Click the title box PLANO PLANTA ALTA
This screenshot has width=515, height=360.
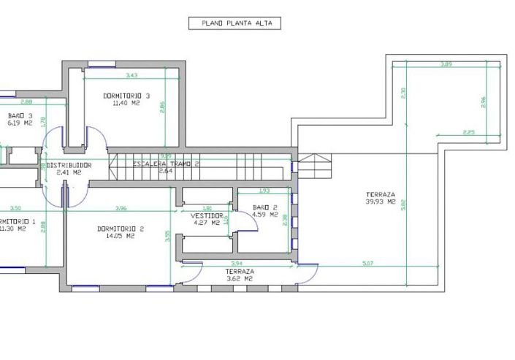click(x=234, y=23)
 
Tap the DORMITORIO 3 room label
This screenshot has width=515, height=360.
click(x=126, y=96)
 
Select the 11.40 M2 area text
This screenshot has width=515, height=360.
click(x=126, y=104)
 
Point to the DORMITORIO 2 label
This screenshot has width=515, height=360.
click(x=121, y=229)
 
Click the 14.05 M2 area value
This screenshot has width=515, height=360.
click(x=121, y=236)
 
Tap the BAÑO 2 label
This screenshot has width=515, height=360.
click(x=264, y=207)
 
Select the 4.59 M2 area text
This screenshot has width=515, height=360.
click(x=264, y=215)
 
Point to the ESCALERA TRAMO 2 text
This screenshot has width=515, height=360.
click(x=166, y=164)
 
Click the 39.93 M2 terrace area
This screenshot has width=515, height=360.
click(x=381, y=202)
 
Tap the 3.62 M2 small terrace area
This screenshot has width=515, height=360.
click(x=239, y=278)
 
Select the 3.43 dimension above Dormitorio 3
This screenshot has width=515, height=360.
click(x=131, y=76)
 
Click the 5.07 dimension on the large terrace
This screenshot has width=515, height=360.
click(x=367, y=263)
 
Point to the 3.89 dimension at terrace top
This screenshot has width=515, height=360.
click(x=446, y=66)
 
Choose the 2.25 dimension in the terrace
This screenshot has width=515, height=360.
click(x=470, y=132)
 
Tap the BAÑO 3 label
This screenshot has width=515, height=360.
click(x=20, y=115)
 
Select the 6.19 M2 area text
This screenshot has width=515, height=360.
click(x=20, y=123)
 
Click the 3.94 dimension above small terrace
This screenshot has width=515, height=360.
click(x=236, y=263)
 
